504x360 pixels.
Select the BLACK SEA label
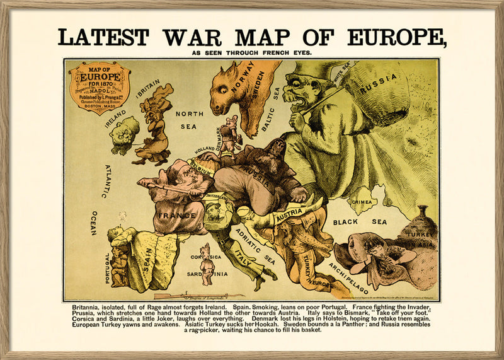point(360,222)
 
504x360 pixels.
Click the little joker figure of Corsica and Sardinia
point(205,264)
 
